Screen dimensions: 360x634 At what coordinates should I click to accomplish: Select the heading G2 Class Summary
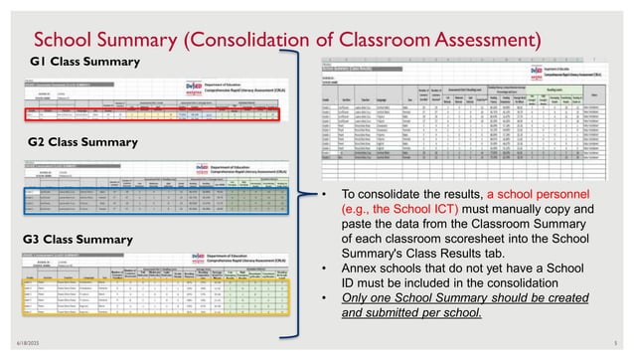pos(81,142)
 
